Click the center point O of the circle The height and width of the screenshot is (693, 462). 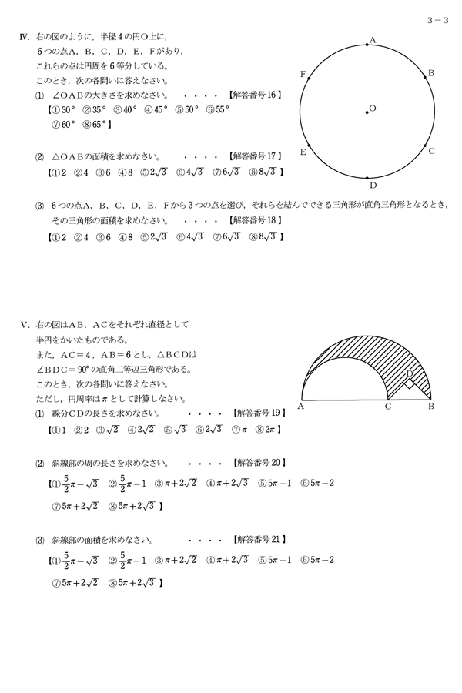click(x=367, y=112)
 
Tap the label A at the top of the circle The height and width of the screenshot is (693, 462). click(x=372, y=39)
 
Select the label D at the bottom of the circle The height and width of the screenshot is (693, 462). click(x=373, y=186)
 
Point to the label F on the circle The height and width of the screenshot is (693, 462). click(x=303, y=74)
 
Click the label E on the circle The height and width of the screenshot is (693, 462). click(x=303, y=152)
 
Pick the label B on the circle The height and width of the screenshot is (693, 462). click(x=431, y=73)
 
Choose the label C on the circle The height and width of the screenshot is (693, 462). click(x=432, y=151)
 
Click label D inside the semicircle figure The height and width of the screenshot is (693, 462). click(x=410, y=373)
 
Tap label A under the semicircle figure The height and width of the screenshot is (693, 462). click(x=300, y=406)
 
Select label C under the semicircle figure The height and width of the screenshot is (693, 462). click(x=388, y=406)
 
